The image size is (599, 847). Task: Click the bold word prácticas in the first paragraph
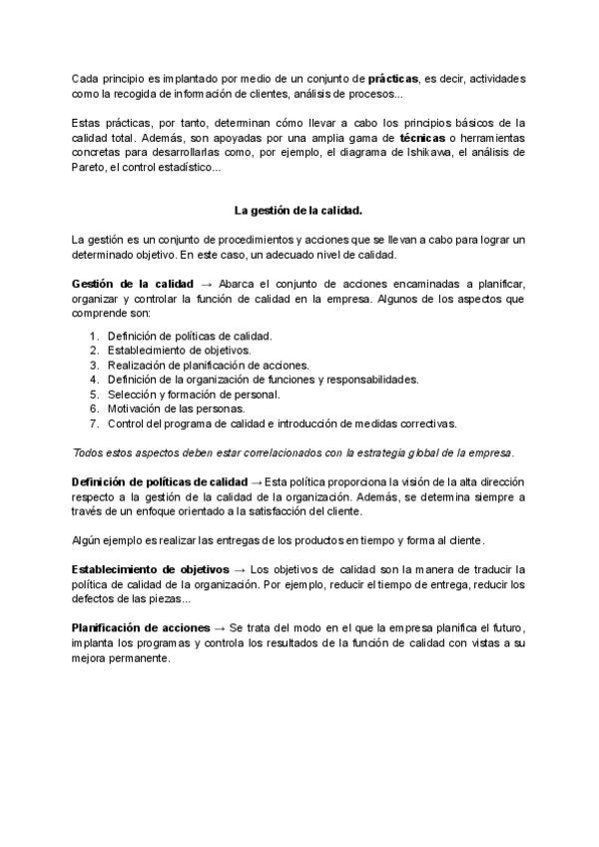click(392, 78)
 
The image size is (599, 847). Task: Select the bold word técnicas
click(426, 137)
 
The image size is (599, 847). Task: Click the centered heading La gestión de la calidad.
click(299, 211)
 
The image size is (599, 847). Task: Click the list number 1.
click(94, 337)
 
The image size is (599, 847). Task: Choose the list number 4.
click(94, 380)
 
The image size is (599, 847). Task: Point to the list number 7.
click(94, 423)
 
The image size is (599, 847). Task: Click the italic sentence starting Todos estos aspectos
click(294, 452)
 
